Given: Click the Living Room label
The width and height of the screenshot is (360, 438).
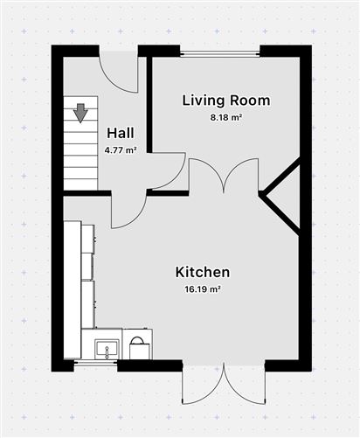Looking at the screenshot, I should [x=225, y=101].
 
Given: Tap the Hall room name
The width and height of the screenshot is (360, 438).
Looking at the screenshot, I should [x=121, y=133].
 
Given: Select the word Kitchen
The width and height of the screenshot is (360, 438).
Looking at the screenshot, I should [x=202, y=272].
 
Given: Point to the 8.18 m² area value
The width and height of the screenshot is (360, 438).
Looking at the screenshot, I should [x=225, y=117].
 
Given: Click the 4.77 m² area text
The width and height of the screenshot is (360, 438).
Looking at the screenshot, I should [x=121, y=149].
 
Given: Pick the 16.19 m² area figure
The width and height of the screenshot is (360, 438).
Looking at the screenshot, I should [x=202, y=289].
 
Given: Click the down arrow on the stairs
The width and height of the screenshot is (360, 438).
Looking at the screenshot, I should [x=80, y=112].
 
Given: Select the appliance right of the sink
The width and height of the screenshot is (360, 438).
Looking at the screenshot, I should [x=137, y=346].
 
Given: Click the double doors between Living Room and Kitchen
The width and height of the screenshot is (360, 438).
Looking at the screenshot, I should [x=225, y=176].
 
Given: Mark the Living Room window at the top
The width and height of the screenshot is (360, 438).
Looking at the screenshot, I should [x=220, y=53].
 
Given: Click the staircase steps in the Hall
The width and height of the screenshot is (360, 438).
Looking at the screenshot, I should [x=80, y=149].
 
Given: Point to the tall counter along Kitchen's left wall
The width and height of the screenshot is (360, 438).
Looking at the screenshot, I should [x=73, y=289].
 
